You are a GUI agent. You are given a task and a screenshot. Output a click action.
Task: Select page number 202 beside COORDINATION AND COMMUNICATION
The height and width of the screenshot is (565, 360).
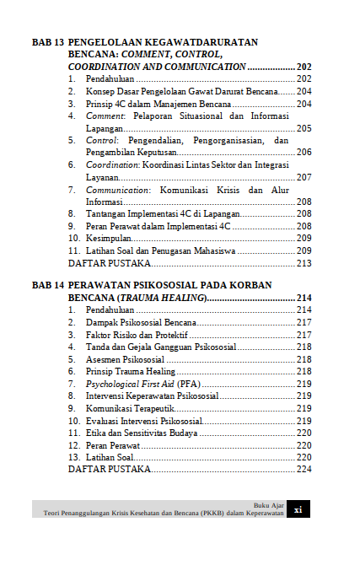pos(304,67)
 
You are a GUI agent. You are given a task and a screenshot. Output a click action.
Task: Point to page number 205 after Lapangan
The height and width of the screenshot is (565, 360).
pos(304,128)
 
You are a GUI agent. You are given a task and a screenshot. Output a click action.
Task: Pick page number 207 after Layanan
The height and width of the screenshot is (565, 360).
pos(304,177)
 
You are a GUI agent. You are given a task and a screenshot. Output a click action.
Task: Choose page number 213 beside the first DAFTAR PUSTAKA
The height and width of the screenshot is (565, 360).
pos(304,264)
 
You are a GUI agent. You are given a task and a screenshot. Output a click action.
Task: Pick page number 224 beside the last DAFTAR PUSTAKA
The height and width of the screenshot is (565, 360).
pos(304,469)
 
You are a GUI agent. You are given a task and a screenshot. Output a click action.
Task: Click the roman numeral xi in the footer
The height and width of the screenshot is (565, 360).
pos(298,508)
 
